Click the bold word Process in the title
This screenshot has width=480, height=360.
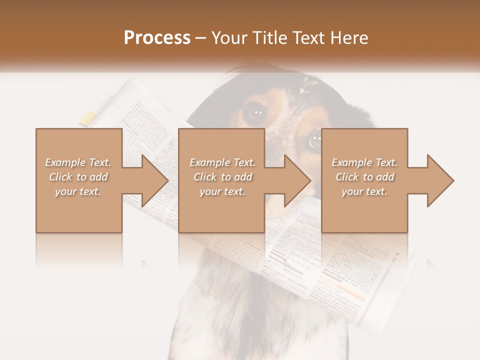click(x=157, y=38)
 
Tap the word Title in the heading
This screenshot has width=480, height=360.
click(x=269, y=38)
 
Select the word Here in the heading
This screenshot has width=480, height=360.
click(x=350, y=38)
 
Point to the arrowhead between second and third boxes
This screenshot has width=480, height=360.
click(x=296, y=180)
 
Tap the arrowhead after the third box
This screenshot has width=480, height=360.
click(x=439, y=180)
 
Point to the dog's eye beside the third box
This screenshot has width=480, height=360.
click(x=314, y=141)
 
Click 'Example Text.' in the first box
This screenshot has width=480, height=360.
click(x=78, y=162)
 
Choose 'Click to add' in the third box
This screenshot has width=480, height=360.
click(x=364, y=177)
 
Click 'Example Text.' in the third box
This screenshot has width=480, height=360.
click(x=364, y=162)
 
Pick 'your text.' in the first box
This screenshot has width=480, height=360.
click(x=78, y=191)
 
